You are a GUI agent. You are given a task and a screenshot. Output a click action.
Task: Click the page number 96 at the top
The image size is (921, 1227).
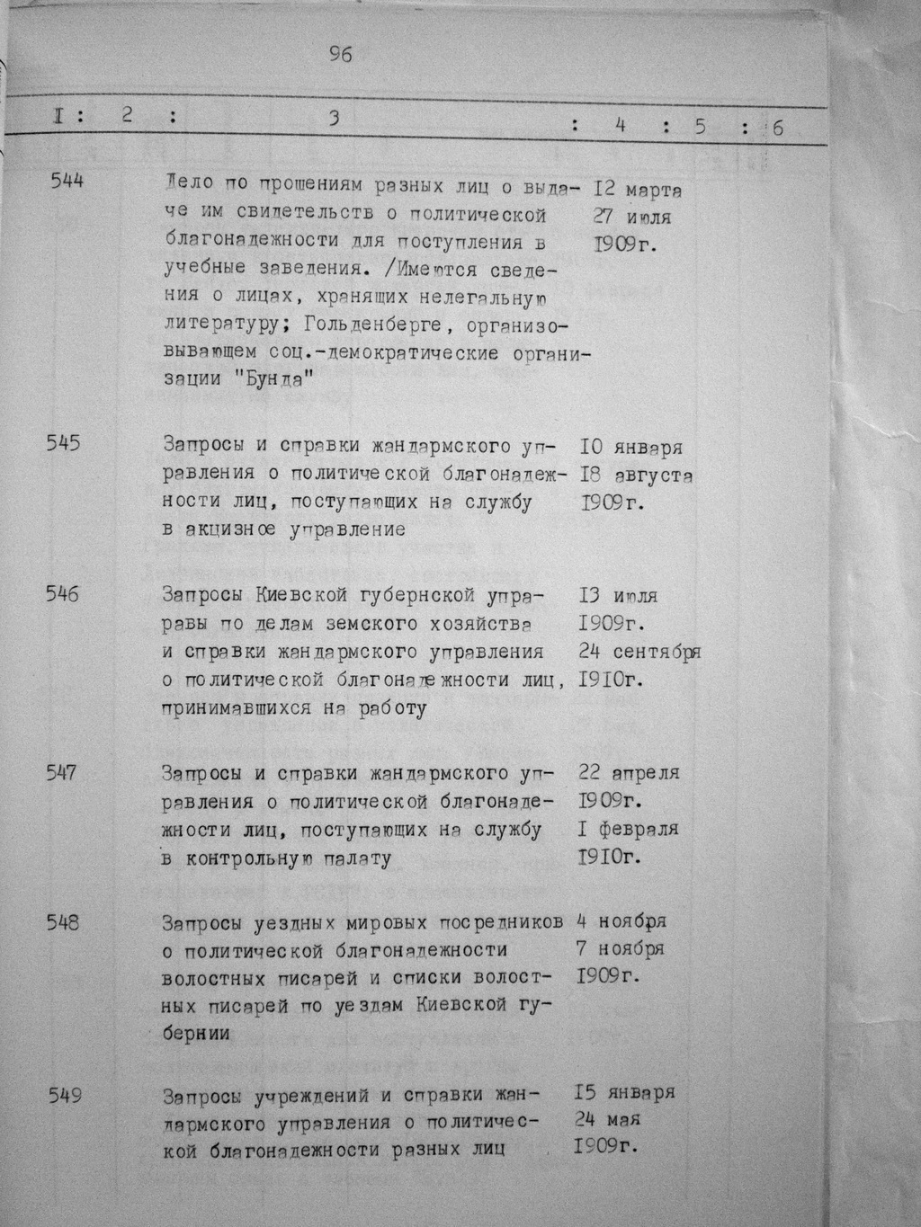[x=341, y=55]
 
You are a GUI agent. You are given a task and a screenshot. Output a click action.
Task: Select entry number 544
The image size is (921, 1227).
[x=67, y=181]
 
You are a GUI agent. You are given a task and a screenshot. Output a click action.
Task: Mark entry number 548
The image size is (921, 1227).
[x=63, y=922]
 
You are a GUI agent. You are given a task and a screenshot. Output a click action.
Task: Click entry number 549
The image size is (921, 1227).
[x=65, y=1095]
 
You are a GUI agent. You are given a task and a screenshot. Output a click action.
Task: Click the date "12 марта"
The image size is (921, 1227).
[x=637, y=191]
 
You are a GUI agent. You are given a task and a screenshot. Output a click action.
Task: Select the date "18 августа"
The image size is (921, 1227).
[x=637, y=476]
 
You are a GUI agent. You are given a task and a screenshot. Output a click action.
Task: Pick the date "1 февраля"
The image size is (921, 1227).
[x=629, y=829]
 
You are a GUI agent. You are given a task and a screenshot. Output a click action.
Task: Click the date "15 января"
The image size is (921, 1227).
[x=624, y=1094]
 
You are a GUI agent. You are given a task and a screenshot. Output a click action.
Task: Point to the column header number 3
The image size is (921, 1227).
[x=334, y=119]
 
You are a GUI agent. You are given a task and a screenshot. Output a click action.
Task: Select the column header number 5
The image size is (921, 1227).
[x=699, y=127]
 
